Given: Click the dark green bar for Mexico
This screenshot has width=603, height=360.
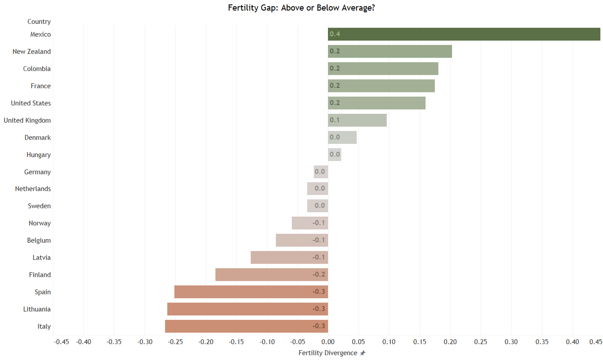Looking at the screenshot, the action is [x=464, y=34].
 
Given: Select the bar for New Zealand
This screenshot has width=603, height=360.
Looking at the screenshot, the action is [x=390, y=51].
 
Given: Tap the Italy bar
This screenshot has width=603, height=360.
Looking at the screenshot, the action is [x=247, y=326].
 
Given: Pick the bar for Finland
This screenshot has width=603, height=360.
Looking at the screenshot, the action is [x=271, y=274].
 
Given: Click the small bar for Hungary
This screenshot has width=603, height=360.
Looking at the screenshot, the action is [x=335, y=155].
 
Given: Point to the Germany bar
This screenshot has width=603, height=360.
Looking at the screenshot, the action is [x=321, y=172].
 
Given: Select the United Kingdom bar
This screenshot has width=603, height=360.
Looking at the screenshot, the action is [x=358, y=120].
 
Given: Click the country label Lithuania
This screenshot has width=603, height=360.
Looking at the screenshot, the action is [x=37, y=309].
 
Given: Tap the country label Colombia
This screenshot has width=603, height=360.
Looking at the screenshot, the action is [x=37, y=69].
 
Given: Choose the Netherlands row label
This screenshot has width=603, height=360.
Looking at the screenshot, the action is [x=33, y=189].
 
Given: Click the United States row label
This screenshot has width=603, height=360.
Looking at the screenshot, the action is [x=31, y=103].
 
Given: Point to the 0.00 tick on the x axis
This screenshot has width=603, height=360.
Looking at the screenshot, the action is [x=328, y=342].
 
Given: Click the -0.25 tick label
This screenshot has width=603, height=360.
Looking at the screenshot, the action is [x=175, y=342].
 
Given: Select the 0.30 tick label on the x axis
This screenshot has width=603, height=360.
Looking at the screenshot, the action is [x=511, y=342].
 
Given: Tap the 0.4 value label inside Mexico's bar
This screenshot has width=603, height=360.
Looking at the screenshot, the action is [x=335, y=34].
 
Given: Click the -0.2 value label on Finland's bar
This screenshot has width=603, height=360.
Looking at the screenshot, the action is [x=319, y=274].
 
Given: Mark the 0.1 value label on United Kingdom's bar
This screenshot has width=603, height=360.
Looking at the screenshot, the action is [x=335, y=120].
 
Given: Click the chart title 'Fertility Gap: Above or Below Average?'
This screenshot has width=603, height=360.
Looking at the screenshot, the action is [x=301, y=8].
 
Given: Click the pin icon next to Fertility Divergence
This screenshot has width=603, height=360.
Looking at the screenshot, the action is [x=362, y=353].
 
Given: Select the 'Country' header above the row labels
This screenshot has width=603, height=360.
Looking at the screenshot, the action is [x=39, y=22].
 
